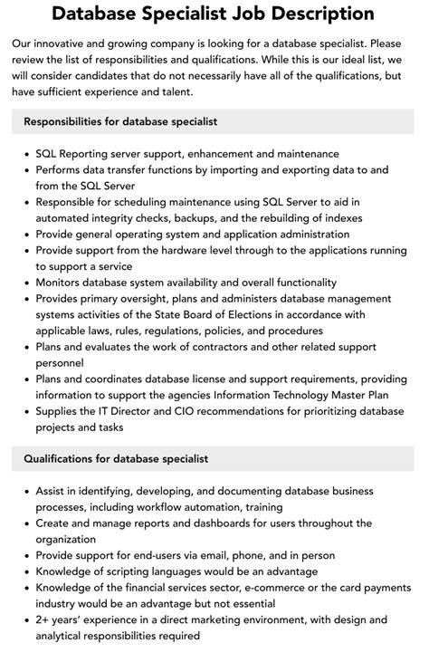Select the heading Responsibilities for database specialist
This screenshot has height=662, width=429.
tap(120, 121)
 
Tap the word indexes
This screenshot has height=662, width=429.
tap(338, 218)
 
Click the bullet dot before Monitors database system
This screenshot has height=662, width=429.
tap(26, 283)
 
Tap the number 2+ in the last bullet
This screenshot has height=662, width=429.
tap(44, 619)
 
